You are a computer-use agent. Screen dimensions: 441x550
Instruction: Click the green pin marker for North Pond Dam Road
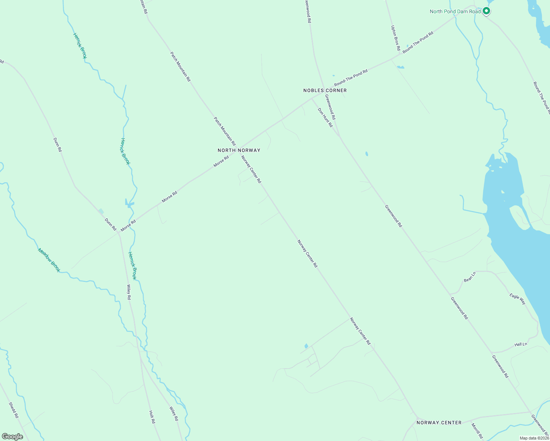486,11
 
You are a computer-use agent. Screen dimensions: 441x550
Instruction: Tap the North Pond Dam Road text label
455,11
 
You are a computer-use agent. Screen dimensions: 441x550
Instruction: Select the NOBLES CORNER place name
325,90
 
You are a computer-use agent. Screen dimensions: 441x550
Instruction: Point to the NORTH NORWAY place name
239,150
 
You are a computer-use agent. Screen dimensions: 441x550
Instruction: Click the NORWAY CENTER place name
439,423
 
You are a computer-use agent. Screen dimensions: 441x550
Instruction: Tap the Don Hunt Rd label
325,117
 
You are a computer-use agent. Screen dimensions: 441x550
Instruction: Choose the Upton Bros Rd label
396,38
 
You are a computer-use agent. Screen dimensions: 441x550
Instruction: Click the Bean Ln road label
470,277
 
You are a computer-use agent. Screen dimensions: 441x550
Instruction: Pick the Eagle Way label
518,299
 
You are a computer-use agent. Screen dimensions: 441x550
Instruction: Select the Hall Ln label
521,344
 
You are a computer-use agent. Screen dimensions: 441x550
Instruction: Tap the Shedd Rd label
14,410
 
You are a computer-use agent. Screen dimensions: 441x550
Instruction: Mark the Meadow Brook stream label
49,260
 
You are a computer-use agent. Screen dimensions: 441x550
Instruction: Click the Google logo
12,437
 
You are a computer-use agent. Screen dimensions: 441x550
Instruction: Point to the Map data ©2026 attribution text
534,438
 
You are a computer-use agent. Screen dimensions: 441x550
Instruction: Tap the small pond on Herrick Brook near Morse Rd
130,203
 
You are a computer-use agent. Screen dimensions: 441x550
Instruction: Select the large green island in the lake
519,217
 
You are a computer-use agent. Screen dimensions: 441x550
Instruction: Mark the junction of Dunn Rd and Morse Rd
119,232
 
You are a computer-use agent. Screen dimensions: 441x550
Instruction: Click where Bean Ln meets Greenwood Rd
450,294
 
